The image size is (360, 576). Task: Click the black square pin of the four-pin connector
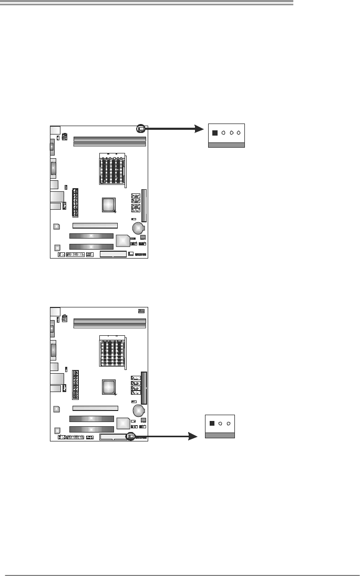pyautogui.click(x=214, y=133)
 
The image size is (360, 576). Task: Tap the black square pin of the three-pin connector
pyautogui.click(x=212, y=423)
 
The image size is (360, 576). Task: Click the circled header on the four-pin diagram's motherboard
pyautogui.click(x=141, y=128)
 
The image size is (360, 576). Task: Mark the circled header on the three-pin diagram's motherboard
pyautogui.click(x=131, y=436)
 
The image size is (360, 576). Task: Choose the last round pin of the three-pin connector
pyautogui.click(x=229, y=423)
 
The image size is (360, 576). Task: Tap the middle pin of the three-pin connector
pyautogui.click(x=221, y=423)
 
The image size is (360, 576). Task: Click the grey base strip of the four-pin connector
pyautogui.click(x=227, y=145)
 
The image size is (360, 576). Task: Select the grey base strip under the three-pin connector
pyautogui.click(x=220, y=435)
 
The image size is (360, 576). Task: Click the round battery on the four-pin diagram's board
pyautogui.click(x=139, y=228)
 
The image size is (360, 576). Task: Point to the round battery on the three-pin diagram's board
pyautogui.click(x=139, y=409)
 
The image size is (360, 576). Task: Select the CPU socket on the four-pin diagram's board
pyautogui.click(x=113, y=169)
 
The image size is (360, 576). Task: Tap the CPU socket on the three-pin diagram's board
pyautogui.click(x=113, y=350)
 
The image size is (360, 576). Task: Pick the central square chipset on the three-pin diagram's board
pyautogui.click(x=109, y=387)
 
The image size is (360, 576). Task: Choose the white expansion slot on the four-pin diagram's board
pyautogui.click(x=95, y=225)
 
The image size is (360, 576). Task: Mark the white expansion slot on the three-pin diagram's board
pyautogui.click(x=95, y=407)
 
